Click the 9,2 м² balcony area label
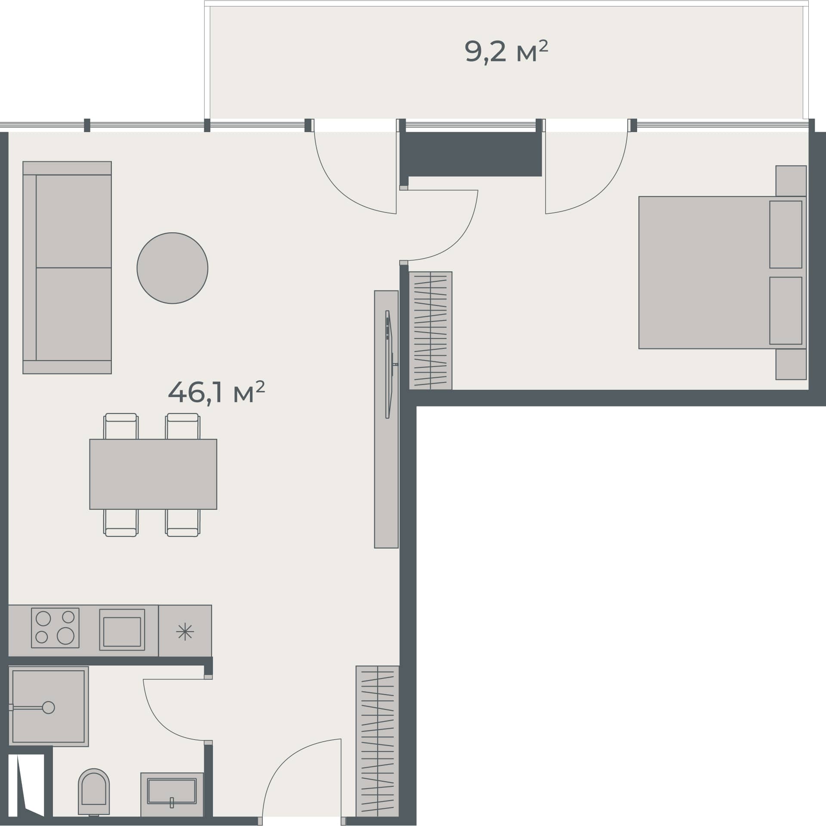(506, 52)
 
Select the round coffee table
(172, 268)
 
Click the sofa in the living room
(68, 268)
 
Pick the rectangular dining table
(153, 474)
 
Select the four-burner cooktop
(55, 628)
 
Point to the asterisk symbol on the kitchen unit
(185, 632)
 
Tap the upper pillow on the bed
(786, 234)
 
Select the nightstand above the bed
(791, 181)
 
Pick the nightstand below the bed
(791, 364)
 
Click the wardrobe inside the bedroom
(430, 330)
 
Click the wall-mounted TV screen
(388, 364)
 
